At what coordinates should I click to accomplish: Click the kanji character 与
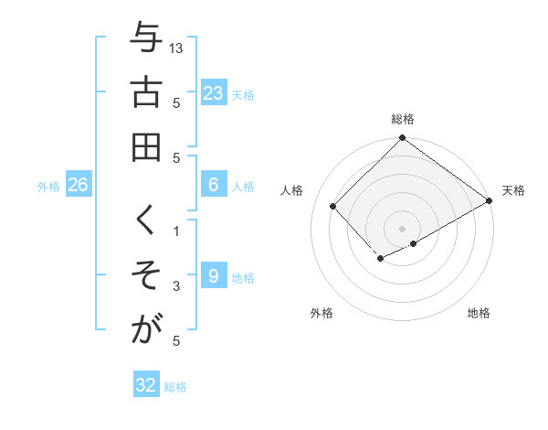(147, 40)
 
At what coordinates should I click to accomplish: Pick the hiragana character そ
(147, 275)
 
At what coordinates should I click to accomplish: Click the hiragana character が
(147, 328)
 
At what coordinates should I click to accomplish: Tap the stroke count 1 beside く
(177, 231)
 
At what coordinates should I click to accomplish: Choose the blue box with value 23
(213, 92)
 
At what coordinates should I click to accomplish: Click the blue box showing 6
(213, 185)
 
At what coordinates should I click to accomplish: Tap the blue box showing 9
(213, 276)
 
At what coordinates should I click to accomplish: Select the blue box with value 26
(78, 185)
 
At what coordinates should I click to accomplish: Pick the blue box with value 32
(146, 385)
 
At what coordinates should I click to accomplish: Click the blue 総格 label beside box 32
(176, 387)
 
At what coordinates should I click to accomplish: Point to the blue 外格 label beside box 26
(48, 187)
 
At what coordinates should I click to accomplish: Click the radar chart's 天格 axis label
(513, 190)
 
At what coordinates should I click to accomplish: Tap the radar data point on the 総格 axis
(402, 139)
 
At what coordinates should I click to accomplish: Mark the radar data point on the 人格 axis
(333, 206)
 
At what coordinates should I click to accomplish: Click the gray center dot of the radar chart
(402, 228)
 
